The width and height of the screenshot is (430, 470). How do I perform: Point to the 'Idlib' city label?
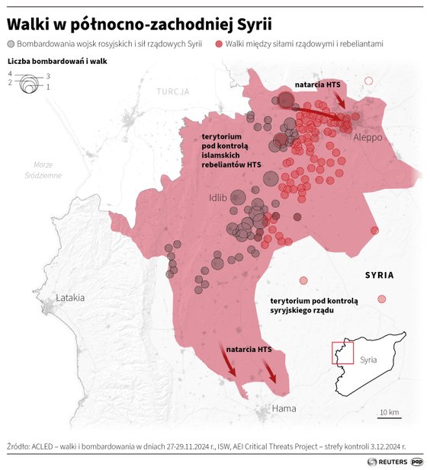(218, 198)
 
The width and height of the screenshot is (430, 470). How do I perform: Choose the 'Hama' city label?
(284, 409)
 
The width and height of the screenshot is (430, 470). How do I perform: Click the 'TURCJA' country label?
(173, 91)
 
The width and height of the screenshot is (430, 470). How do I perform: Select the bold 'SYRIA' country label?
(379, 275)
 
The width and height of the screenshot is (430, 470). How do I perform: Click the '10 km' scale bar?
(389, 414)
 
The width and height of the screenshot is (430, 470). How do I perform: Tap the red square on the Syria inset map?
(342, 353)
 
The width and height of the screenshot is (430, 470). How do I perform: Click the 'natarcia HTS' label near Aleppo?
(318, 85)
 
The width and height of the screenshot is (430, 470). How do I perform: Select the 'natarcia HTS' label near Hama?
(249, 349)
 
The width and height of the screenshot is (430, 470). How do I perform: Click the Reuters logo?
(387, 461)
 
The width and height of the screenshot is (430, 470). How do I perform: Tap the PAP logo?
(417, 461)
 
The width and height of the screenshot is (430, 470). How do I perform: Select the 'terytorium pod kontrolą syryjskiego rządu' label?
(308, 305)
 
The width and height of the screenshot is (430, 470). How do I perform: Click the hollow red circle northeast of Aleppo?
(369, 81)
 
